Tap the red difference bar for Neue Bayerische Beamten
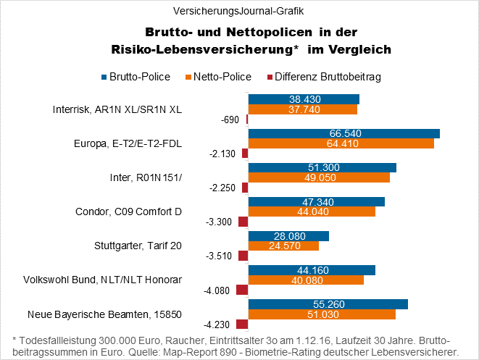coord(242,325)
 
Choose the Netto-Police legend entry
coord(221,76)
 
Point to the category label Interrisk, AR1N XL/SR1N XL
coord(117,109)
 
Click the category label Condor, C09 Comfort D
coord(128,212)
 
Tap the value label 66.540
coord(344,133)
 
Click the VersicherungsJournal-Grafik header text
coord(239,11)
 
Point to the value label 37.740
coord(303,109)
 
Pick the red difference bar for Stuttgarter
coord(243,256)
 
